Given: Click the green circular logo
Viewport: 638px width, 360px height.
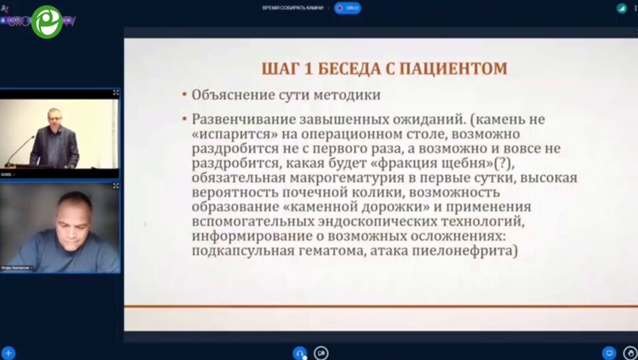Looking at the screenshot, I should (47, 21).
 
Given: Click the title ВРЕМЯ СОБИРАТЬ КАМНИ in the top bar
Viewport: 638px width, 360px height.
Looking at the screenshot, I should (292, 7).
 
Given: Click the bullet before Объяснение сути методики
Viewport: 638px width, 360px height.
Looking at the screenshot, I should (184, 95).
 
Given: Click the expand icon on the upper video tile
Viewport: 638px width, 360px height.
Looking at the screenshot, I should (116, 93).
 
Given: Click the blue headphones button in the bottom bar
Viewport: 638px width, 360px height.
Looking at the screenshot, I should (299, 353).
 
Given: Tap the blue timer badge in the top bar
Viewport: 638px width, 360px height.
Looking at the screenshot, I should (348, 8).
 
